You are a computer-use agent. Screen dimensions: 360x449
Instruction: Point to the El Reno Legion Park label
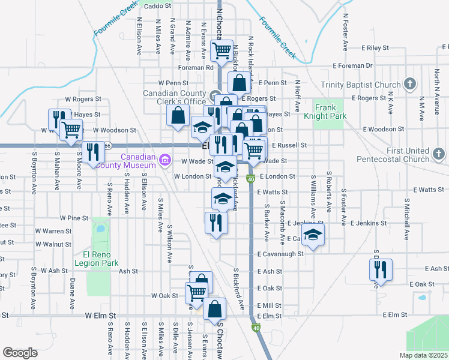point(96,258)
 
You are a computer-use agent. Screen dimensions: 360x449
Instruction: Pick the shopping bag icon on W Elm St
point(214,310)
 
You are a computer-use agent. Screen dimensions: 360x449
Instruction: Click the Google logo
point(20,353)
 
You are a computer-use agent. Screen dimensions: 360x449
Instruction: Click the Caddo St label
point(158,6)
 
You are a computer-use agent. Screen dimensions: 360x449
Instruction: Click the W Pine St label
point(74,217)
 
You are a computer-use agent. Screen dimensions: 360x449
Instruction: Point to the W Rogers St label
point(84,98)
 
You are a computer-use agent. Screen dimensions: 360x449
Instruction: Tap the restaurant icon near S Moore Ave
point(92,152)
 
